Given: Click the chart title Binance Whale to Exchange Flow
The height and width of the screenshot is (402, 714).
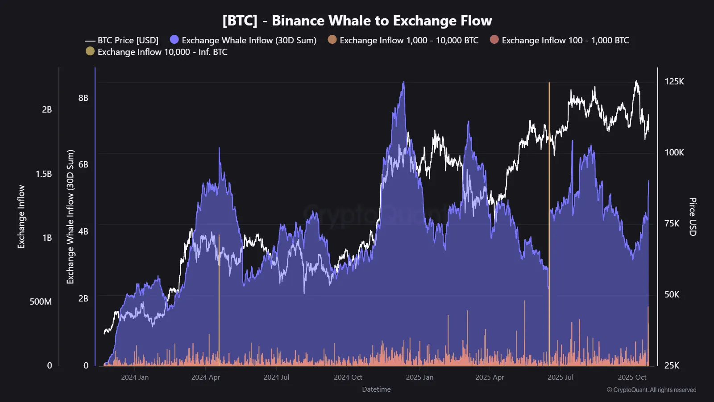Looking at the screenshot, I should [357, 21].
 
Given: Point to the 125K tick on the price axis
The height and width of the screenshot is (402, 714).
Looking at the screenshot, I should [674, 81].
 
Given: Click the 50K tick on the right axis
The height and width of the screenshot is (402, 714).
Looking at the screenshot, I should [672, 294].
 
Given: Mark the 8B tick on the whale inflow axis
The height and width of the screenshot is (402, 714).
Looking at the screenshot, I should [83, 98].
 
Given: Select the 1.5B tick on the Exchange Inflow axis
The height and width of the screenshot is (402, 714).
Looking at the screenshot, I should [44, 174].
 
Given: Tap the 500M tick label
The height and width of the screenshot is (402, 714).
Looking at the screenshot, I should [41, 301].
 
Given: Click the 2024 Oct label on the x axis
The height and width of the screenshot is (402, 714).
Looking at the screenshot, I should [348, 377].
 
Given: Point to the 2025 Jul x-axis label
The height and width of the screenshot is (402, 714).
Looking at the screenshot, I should [560, 377].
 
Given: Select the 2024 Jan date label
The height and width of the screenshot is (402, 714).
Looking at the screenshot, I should [135, 377].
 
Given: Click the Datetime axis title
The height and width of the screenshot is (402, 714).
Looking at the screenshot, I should [376, 389].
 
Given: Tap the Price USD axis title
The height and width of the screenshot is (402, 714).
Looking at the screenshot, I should [692, 217].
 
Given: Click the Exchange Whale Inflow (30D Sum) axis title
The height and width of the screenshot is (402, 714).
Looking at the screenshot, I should [70, 217].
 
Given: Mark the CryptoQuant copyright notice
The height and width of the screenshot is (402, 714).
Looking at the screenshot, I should [651, 390].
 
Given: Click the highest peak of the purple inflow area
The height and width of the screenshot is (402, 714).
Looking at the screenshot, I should [403, 83].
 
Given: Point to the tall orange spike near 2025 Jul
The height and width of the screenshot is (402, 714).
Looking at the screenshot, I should [549, 179].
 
